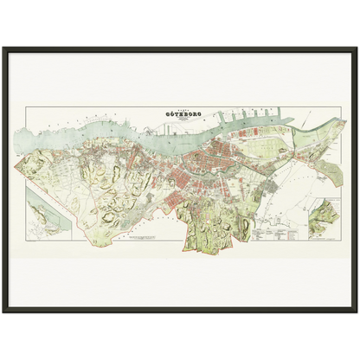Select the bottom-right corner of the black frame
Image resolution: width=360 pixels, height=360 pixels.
(357, 312)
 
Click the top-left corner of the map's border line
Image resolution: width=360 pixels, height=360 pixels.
(26, 107)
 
